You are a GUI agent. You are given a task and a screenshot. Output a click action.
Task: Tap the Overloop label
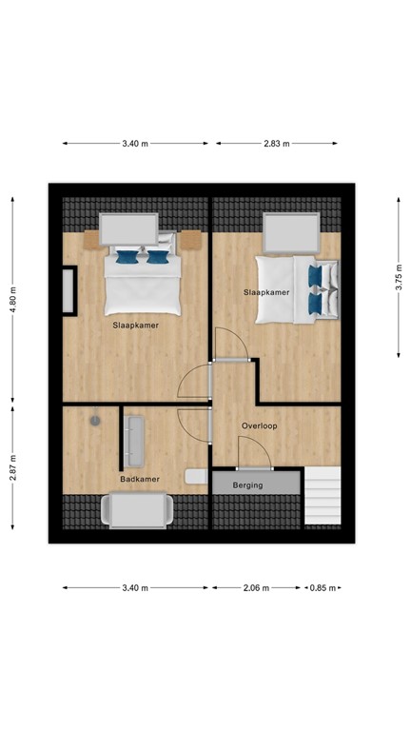pos(259,425)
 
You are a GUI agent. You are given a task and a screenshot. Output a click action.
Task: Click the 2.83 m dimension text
pos(277,144)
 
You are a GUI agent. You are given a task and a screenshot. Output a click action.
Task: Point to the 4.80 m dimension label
pos(13,299)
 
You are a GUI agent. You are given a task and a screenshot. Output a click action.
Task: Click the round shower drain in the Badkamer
pos(95,420)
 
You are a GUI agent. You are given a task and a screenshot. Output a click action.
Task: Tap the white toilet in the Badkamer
pos(196,476)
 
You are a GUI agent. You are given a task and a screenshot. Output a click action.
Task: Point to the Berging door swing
pos(255,458)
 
